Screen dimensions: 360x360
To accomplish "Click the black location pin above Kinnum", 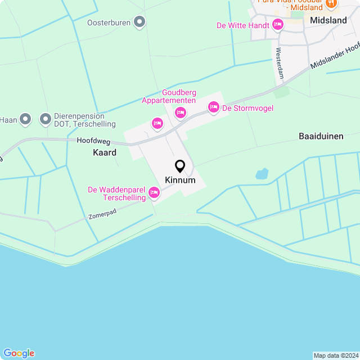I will point(180,166).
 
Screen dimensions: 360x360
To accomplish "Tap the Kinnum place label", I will point(180,181).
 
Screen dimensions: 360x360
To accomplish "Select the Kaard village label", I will point(105,152).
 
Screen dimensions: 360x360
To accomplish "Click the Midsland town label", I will point(328,20).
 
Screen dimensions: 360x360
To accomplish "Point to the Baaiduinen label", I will point(321,136).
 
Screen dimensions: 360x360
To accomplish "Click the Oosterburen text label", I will point(109,23).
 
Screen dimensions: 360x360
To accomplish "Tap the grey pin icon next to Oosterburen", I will point(140,22).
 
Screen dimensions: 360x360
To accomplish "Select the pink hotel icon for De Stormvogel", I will point(213,107).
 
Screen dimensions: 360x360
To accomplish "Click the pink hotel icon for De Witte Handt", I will point(277,25).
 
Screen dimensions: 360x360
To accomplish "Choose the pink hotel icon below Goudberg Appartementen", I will point(180,112).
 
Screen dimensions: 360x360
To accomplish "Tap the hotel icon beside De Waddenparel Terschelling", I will point(154,193).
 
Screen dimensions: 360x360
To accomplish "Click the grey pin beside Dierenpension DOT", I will point(45,119).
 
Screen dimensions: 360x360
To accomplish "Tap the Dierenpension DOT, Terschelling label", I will point(85,120).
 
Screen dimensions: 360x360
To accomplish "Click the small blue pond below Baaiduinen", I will point(262,174).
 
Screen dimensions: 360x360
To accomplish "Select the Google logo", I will point(18,353).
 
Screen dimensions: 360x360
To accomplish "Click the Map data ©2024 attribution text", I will point(335,355).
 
